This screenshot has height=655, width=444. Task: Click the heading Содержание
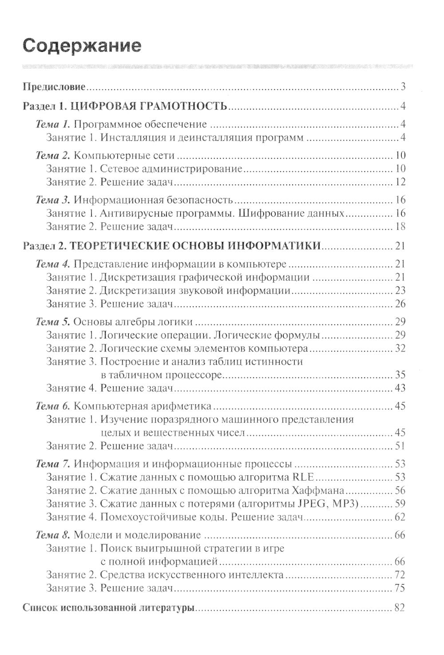coord(82,46)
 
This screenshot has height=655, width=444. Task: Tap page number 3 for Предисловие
coord(403,87)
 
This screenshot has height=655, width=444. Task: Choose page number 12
coord(400,182)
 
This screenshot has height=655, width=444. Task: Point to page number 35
coord(400,375)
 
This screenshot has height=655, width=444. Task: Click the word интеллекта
coord(252,575)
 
